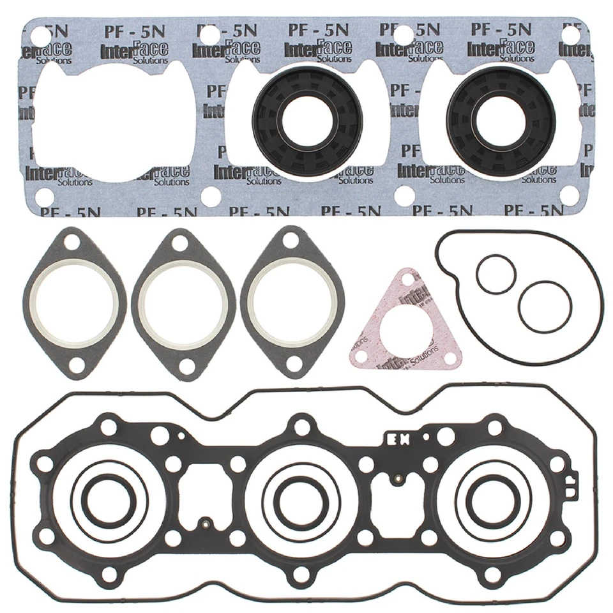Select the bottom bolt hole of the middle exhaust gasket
coord(186,366)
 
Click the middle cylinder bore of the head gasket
coord(300,499)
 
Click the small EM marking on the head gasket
coord(398,439)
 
